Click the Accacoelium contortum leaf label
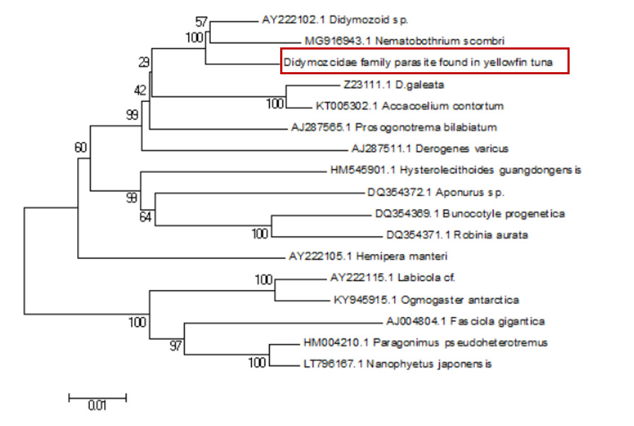tap(410, 106)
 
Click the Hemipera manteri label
tap(368, 256)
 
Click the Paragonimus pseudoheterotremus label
tap(425, 342)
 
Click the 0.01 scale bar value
tap(97, 406)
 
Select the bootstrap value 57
tap(202, 22)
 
